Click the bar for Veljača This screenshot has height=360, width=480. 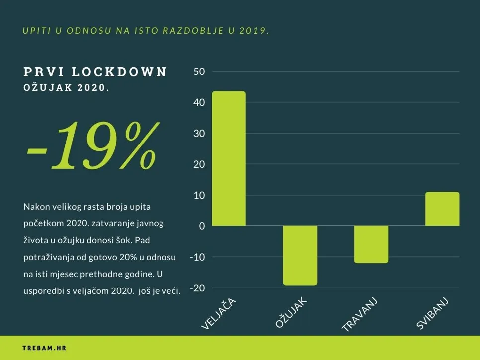(229, 158)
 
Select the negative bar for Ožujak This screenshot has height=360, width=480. (300, 255)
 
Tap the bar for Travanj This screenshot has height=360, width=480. (371, 244)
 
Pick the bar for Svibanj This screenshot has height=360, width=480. (442, 209)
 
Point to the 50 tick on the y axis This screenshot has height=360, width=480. (199, 72)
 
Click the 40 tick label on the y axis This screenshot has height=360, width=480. (199, 103)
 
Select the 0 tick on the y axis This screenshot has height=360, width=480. (202, 226)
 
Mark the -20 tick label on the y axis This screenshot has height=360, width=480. (197, 288)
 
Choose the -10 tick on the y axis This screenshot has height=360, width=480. (197, 257)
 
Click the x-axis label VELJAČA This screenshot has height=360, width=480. (218, 314)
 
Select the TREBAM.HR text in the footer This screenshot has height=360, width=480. (45, 348)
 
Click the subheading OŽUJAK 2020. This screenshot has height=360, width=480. (66, 88)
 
